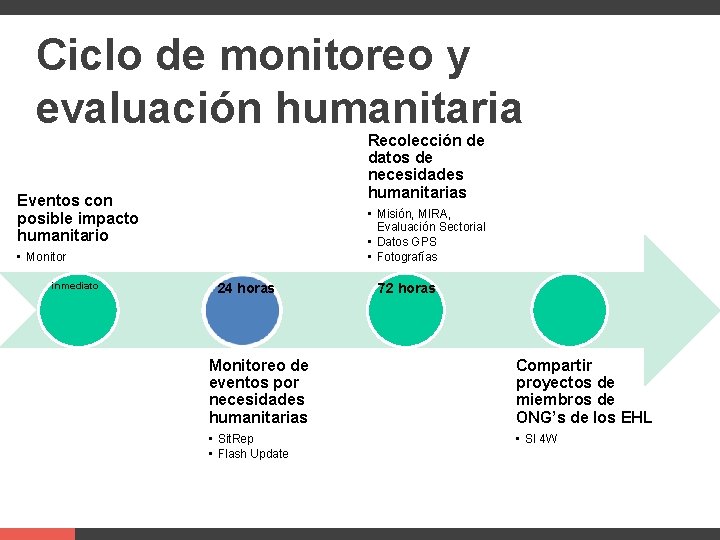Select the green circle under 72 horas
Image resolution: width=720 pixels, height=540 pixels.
click(406, 308)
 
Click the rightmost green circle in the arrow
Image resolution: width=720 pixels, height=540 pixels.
click(571, 308)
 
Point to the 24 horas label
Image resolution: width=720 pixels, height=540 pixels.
click(246, 288)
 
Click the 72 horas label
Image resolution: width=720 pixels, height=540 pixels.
click(406, 288)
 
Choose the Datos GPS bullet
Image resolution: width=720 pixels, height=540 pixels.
click(407, 242)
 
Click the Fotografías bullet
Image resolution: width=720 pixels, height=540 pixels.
click(407, 257)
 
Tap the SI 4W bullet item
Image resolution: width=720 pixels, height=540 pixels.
click(541, 439)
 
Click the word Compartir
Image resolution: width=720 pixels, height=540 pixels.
click(554, 366)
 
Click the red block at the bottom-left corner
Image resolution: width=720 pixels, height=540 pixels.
click(37, 533)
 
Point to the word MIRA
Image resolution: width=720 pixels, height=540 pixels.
click(433, 214)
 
